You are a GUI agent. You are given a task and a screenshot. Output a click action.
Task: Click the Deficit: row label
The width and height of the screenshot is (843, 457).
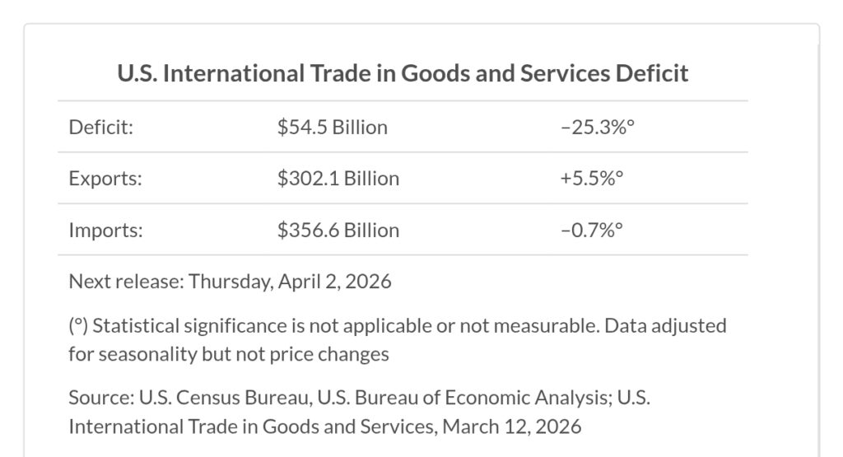click(x=101, y=128)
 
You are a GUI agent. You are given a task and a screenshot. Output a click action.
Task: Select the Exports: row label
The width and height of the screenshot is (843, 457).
click(x=105, y=179)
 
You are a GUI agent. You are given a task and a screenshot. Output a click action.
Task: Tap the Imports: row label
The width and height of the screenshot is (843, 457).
click(x=105, y=230)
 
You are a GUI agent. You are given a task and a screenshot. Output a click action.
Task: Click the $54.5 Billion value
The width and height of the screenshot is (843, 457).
click(x=332, y=128)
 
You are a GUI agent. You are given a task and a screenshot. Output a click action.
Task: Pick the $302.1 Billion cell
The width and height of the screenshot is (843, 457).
click(x=338, y=179)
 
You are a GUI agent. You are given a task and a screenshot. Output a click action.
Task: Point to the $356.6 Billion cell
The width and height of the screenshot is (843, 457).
click(x=338, y=230)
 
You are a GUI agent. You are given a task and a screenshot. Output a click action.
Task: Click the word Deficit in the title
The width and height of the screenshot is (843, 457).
click(x=651, y=73)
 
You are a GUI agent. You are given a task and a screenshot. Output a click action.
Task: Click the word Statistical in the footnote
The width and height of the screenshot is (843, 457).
click(x=135, y=325)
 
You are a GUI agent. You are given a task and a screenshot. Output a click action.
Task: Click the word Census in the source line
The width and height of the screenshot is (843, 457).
click(x=196, y=397)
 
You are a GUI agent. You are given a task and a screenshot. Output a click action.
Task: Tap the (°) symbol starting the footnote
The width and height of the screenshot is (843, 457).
click(x=78, y=325)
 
